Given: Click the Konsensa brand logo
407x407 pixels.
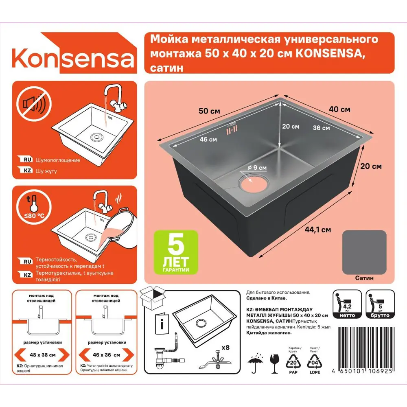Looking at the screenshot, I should tap(73, 58).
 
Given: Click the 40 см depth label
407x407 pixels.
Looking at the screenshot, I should tap(339, 109).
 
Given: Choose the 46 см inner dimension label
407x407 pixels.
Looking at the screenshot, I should tap(208, 139).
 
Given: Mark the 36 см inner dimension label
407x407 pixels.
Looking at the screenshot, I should tap(321, 128).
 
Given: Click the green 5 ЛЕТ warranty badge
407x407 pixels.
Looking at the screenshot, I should tap(176, 252).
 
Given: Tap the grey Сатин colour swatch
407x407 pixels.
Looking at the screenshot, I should tap(364, 252).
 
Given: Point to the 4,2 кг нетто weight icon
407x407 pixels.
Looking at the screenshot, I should tap(347, 304).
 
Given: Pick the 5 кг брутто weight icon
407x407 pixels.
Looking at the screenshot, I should tap(380, 304).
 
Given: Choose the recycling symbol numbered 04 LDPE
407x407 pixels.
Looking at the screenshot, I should tap(315, 361).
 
